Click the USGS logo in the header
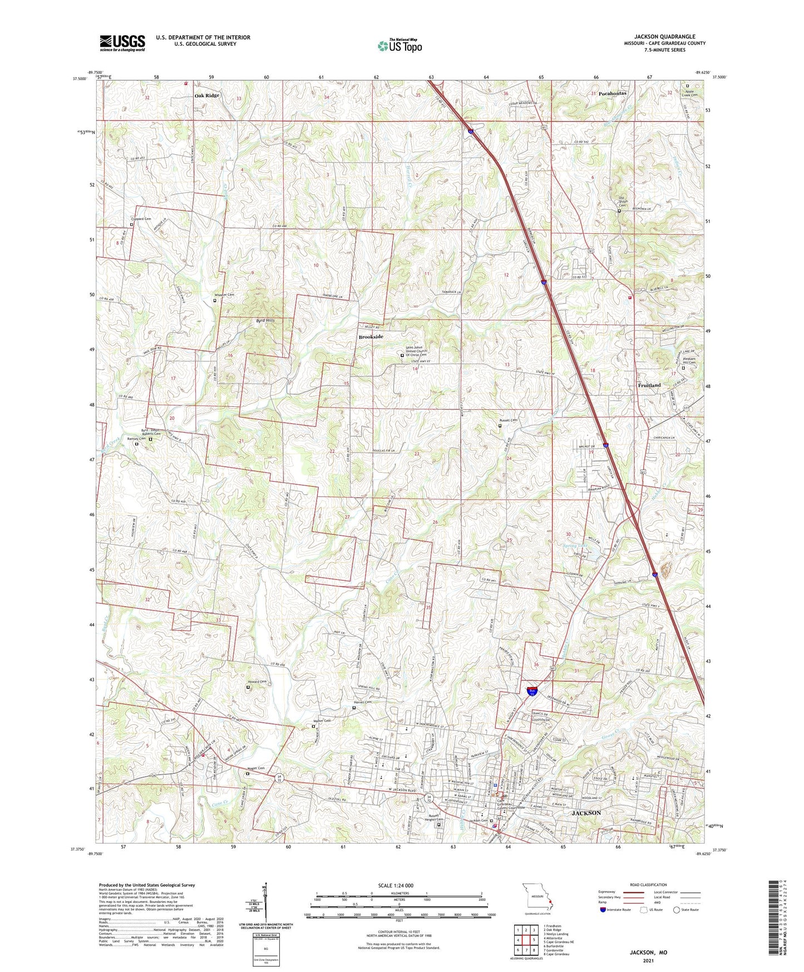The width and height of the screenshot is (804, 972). point(122,43)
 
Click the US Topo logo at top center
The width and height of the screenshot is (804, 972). point(399,45)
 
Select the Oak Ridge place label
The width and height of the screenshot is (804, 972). point(207,96)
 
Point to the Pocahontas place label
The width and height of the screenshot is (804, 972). point(612,94)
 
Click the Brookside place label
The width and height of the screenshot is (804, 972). point(371,337)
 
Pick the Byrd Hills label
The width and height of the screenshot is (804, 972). point(265,321)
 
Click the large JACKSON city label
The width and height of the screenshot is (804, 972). point(586,813)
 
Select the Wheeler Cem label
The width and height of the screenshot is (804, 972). point(225,295)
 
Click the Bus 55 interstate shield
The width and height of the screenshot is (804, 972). point(532,692)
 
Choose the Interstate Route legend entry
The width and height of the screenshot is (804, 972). point(615,910)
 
